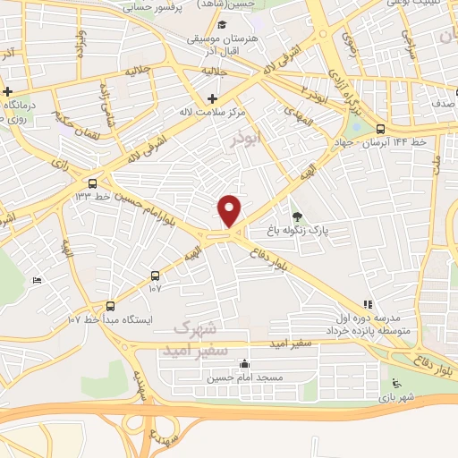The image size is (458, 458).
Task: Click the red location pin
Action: point(231,211)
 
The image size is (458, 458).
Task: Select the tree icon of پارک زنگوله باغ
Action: point(297,216)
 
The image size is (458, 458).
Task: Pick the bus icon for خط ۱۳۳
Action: point(93,183)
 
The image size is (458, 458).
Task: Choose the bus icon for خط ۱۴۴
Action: point(382,129)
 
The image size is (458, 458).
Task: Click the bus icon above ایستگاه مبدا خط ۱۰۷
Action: point(110,304)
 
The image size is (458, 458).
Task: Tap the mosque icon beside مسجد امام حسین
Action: point(245,365)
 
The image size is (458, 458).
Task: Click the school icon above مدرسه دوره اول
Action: point(367,304)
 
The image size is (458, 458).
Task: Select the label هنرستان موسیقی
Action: point(221,39)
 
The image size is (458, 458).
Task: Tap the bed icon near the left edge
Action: point(37,280)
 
